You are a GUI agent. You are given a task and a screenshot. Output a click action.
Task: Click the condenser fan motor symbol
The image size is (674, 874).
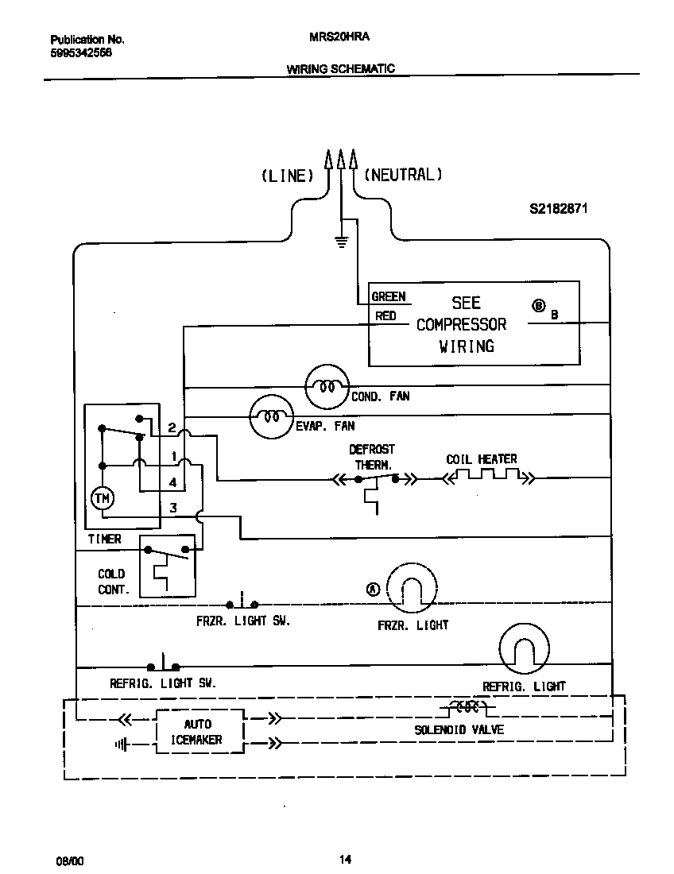click(x=327, y=387)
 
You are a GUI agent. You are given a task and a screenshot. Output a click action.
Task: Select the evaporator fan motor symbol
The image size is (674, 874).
click(x=272, y=416)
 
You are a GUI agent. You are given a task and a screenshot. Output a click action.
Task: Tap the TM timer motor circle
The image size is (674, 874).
click(x=103, y=498)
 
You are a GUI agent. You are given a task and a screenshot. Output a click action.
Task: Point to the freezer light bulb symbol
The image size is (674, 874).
click(x=412, y=589)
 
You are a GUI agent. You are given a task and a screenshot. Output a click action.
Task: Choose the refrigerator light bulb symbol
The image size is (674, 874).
click(x=525, y=648)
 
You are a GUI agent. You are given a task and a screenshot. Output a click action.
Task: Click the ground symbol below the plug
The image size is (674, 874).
click(x=342, y=242)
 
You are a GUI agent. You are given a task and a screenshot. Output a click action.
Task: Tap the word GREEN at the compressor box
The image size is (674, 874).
click(x=389, y=296)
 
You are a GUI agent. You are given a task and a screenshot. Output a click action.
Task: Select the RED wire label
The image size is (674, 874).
click(x=385, y=316)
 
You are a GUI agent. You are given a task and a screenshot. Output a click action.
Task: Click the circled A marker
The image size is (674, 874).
click(x=374, y=589)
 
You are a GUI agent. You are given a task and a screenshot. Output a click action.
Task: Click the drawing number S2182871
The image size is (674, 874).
click(x=559, y=210)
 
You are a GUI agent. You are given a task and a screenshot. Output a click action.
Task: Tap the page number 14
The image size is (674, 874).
click(x=345, y=859)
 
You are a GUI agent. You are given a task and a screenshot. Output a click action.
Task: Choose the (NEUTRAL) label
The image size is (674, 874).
click(x=403, y=175)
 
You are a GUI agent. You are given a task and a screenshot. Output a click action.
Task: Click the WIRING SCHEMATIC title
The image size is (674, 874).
click(x=340, y=69)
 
